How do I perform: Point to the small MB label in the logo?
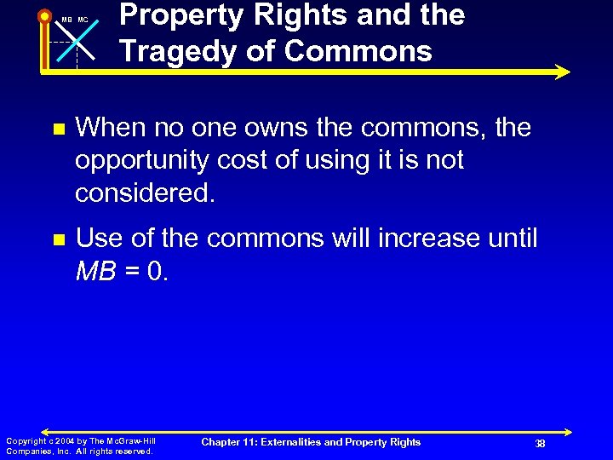point(66,20)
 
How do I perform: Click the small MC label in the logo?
point(83,20)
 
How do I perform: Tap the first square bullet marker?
point(57,130)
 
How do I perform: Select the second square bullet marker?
point(57,241)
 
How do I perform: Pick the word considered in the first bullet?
point(145,193)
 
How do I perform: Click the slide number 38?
point(539,443)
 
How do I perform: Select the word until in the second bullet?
point(513,239)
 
